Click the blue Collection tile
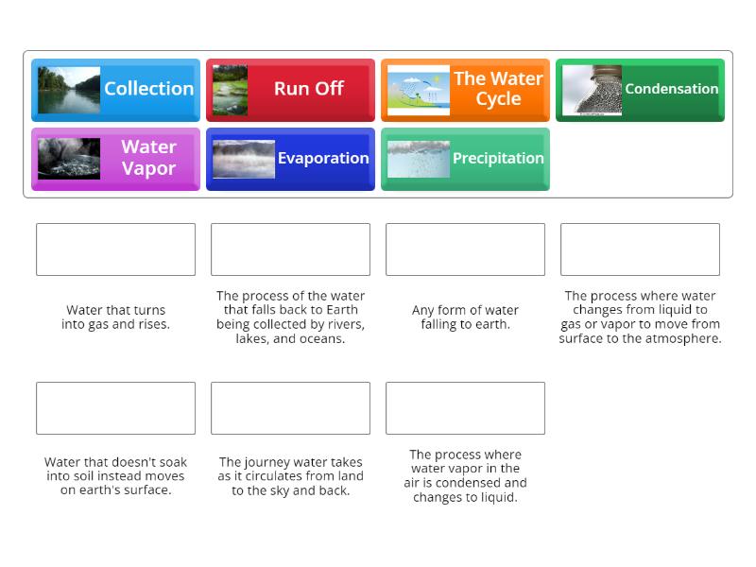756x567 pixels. [x=115, y=89]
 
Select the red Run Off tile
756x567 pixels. [x=290, y=89]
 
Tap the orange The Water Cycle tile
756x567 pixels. [x=465, y=89]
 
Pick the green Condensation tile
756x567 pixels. [x=640, y=89]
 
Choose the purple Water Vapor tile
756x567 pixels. [x=115, y=159]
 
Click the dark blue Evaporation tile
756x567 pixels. [x=290, y=159]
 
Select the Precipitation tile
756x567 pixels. [x=465, y=159]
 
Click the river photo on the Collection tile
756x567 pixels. [x=69, y=90]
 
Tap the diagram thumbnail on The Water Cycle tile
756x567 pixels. [x=419, y=90]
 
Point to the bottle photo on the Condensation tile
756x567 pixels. [x=593, y=90]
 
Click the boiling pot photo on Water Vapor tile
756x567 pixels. [x=69, y=159]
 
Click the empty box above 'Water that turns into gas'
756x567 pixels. [x=115, y=249]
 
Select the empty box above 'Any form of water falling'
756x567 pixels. [x=465, y=249]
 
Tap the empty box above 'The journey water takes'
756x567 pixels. [x=290, y=408]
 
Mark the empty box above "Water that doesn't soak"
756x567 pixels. [x=115, y=408]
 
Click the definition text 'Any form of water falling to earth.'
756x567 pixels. [x=465, y=317]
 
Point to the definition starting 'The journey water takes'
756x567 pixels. [x=290, y=476]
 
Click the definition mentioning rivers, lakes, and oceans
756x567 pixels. [x=290, y=317]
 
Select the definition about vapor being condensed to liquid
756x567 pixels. [x=465, y=475]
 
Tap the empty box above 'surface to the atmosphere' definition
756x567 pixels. [x=640, y=249]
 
